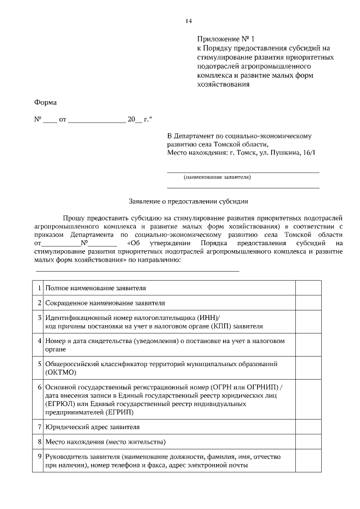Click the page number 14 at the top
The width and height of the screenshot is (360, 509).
[188, 21]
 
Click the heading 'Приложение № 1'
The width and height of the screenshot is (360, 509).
[226, 39]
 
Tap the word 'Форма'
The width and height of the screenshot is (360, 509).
[46, 102]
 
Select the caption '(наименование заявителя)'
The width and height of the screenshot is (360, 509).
[217, 177]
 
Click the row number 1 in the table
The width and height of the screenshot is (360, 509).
[39, 288]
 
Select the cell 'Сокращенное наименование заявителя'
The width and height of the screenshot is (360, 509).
[105, 303]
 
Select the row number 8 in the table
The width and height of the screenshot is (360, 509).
[39, 442]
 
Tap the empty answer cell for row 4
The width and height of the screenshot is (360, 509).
[308, 345]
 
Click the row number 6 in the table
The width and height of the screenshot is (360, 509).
[39, 388]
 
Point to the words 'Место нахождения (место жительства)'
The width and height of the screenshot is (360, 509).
[105, 442]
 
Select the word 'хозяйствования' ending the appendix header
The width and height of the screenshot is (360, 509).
[223, 85]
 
